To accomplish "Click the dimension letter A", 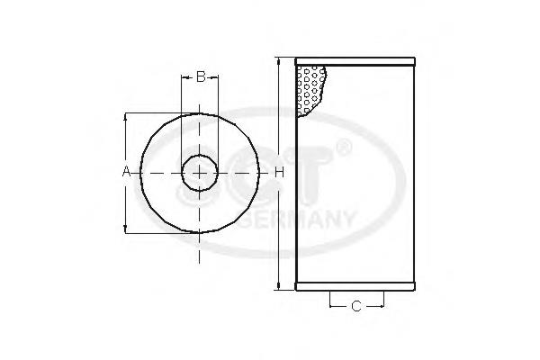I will [127, 171].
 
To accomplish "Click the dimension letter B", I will [201, 76].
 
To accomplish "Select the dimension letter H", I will [279, 171].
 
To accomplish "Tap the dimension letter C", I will [355, 307].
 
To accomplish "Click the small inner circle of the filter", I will [200, 171].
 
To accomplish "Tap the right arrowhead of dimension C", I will [378, 307].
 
